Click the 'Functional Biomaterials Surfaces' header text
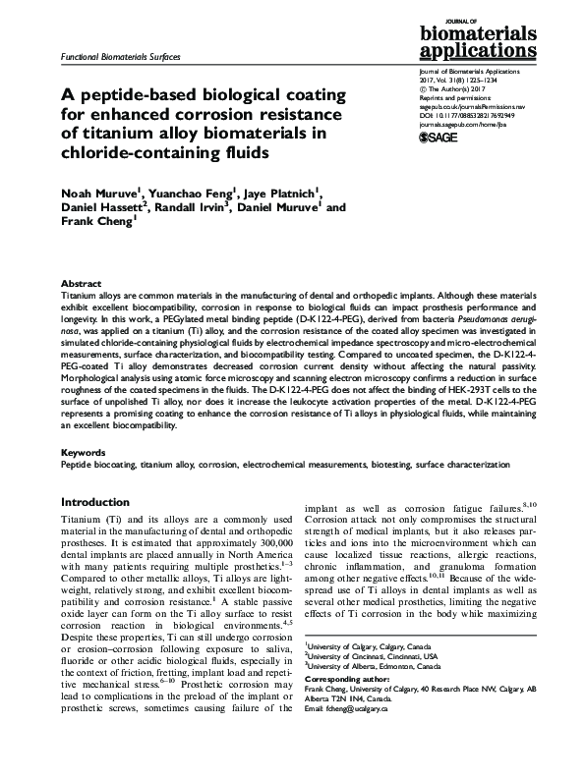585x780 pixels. tap(120, 58)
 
